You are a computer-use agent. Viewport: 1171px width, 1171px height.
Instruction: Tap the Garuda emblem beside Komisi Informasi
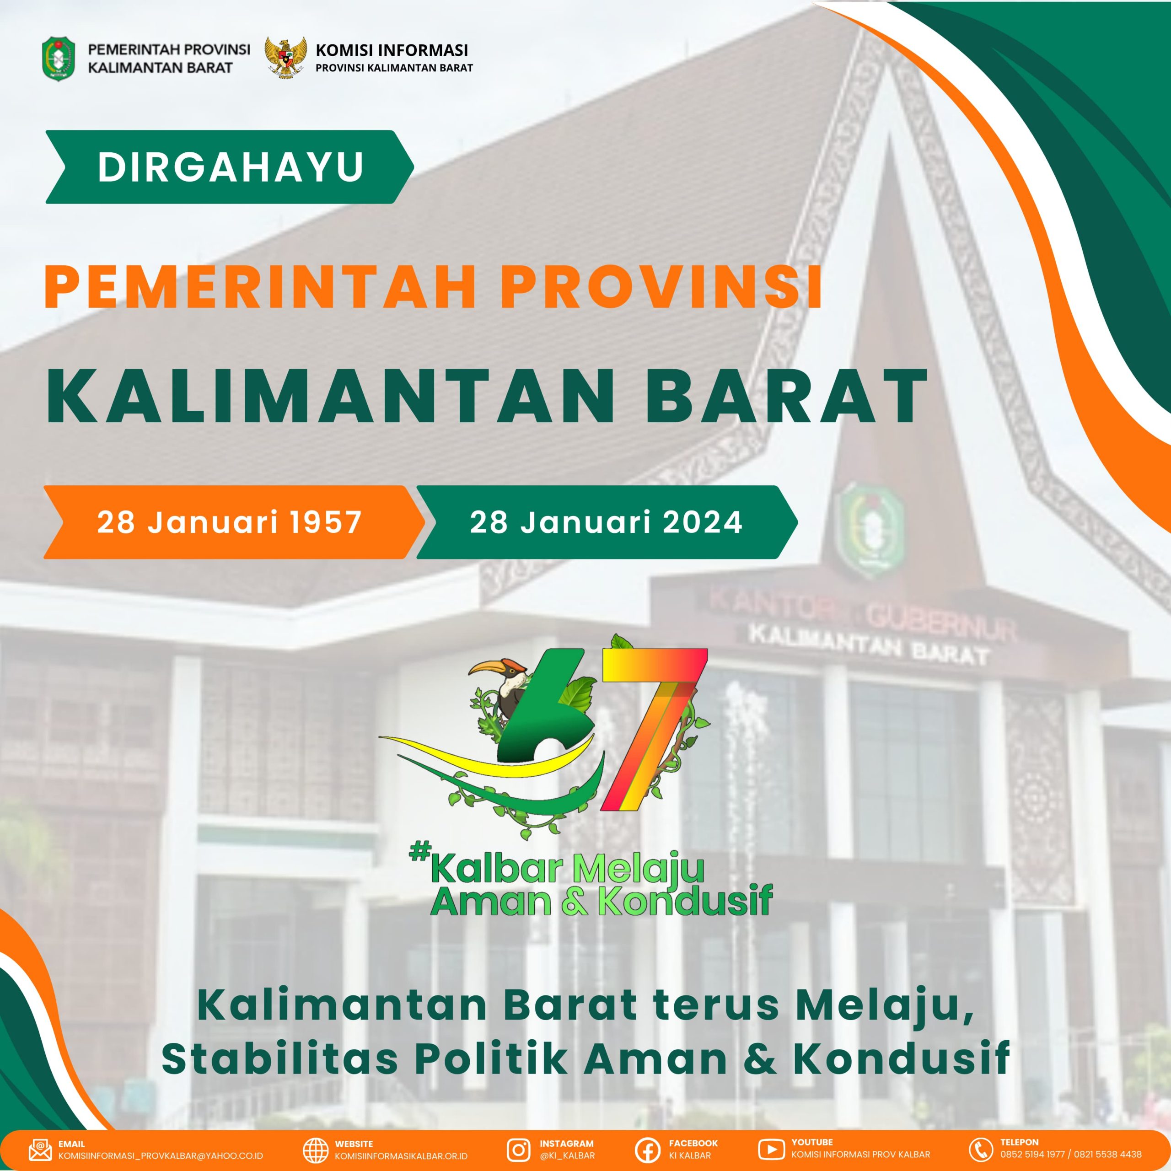[x=285, y=58]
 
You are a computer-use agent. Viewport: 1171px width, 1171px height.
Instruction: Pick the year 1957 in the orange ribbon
[x=326, y=522]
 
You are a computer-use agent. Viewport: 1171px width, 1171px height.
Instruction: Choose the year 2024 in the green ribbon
[x=703, y=522]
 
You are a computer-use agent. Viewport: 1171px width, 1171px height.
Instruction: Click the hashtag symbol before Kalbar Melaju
[x=419, y=854]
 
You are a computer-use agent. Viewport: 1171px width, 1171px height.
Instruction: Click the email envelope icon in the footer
[x=40, y=1149]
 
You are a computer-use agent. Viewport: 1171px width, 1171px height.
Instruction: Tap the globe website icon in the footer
[x=315, y=1149]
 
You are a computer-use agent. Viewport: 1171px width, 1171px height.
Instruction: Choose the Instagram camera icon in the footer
[x=518, y=1149]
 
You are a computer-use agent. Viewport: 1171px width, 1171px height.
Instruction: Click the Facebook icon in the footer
[x=647, y=1149]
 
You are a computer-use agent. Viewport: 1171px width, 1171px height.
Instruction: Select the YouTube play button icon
[x=771, y=1149]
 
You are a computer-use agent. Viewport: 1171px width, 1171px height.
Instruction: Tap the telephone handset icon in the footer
[x=981, y=1149]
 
